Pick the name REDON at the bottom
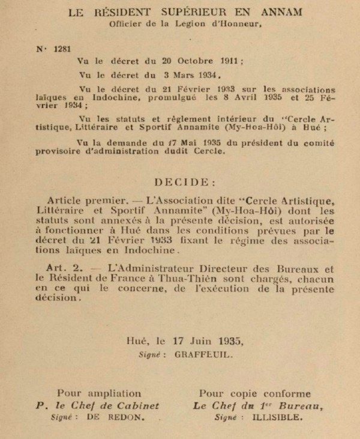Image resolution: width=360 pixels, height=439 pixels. [132, 418]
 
